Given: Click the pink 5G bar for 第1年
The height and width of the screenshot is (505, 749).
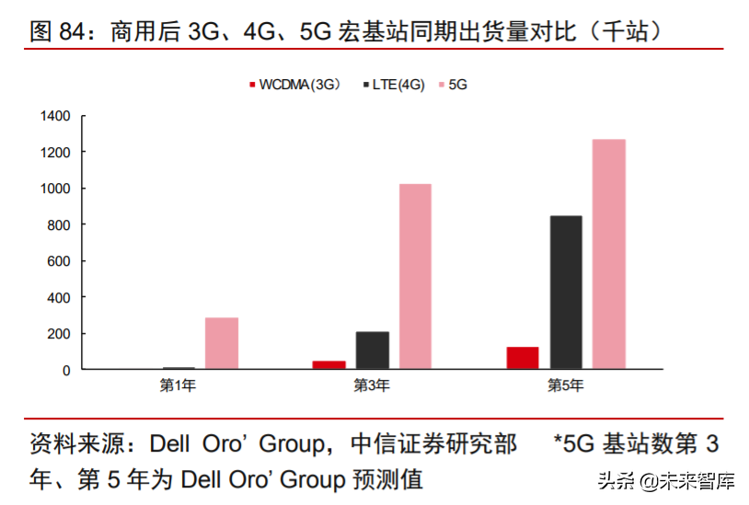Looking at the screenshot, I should pos(222,343).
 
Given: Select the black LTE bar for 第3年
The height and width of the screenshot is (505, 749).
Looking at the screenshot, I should pos(372,350).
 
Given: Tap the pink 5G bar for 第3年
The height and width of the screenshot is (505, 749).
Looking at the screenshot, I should pos(415,277).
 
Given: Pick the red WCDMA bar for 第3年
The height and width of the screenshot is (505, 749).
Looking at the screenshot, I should pos(328,364).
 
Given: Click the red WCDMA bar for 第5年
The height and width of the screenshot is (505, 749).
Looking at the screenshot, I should pos(522,358).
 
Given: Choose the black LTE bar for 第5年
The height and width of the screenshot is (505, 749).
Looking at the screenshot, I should pos(565,293).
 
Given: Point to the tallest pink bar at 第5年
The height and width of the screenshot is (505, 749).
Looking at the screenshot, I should pos(608,254).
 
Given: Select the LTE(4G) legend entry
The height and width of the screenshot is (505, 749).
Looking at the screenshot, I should pos(398,85).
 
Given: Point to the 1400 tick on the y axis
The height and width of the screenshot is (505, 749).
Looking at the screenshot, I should pos(55,116).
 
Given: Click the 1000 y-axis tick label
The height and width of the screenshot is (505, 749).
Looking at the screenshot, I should pos(55,189).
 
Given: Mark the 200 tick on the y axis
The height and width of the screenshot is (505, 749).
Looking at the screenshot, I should pos(60,334).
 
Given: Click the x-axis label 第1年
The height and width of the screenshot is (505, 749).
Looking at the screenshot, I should pos(178,385).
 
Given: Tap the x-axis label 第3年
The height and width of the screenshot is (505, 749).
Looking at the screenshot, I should pos(372,385).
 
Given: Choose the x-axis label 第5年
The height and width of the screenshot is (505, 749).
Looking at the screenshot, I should pos(565,385).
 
